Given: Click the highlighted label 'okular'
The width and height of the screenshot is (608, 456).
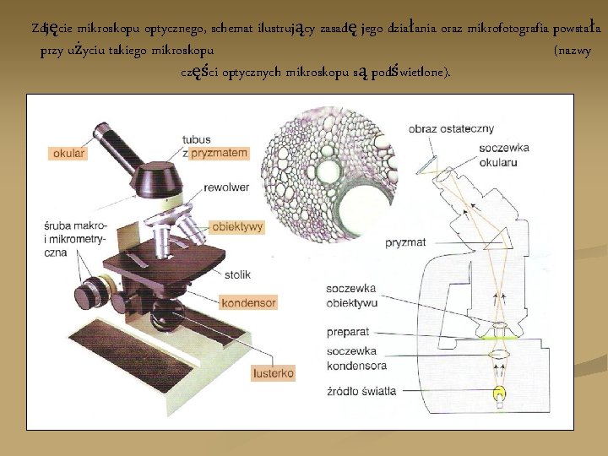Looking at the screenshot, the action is click(x=69, y=154).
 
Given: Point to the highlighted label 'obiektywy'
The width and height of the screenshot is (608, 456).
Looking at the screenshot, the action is click(x=238, y=227).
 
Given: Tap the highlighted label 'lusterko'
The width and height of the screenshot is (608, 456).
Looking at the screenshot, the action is click(x=274, y=372).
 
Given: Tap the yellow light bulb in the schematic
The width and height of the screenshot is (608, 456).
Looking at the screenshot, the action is click(x=500, y=393).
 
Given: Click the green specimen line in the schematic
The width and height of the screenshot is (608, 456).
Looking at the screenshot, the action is click(x=502, y=337).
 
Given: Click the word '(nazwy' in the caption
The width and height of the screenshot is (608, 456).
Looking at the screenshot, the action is click(x=571, y=52).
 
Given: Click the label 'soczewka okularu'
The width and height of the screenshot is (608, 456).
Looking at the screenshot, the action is click(x=503, y=154).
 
